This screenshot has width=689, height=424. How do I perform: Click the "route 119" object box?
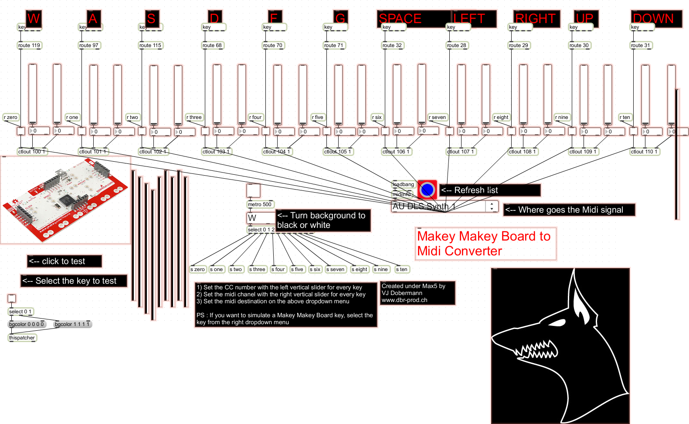29,45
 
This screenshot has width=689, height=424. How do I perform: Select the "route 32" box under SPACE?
392,45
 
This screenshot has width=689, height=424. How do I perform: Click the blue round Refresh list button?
428,190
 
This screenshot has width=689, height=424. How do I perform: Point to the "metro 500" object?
260,204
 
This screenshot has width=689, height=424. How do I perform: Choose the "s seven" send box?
336,269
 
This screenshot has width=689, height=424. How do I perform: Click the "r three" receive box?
194,117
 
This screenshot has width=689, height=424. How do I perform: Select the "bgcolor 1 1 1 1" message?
72,324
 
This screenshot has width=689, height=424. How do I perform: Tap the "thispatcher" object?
22,338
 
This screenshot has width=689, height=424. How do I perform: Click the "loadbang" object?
404,184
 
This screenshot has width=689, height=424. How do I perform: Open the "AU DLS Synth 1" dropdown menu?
445,206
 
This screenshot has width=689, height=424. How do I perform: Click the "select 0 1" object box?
20,312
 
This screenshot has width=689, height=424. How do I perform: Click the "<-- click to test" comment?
64,261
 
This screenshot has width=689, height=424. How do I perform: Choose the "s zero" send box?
198,269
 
